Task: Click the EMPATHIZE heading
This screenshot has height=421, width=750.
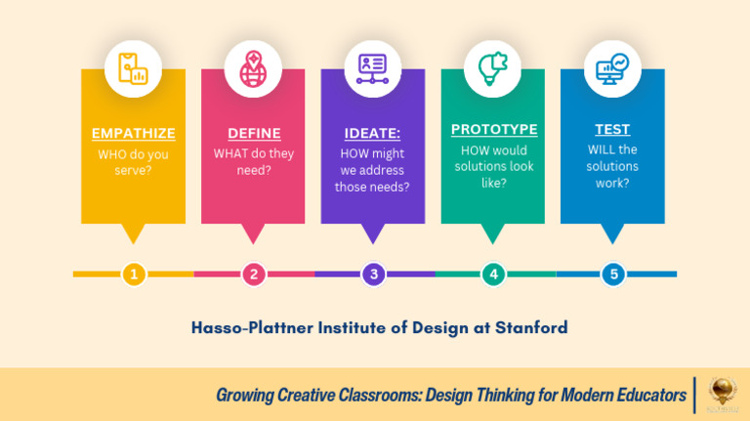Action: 133,134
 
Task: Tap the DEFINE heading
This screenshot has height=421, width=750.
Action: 254,134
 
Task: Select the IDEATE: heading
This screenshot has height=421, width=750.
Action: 373,134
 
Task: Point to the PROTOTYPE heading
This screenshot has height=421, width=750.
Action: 493,129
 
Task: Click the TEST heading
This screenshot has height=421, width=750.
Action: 612,129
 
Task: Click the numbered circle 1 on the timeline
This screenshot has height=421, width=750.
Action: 134,274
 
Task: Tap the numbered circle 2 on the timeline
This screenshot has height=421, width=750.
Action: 254,274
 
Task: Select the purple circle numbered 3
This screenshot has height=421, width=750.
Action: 373,274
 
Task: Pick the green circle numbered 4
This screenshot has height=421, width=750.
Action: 493,274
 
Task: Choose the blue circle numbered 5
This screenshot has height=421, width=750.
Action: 613,274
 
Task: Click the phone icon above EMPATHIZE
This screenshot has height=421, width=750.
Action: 133,67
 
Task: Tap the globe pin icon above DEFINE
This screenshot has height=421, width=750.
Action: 253,67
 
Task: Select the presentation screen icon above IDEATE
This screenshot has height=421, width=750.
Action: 373,67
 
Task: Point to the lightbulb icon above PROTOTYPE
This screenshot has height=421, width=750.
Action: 493,67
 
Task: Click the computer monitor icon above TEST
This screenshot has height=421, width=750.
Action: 612,67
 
